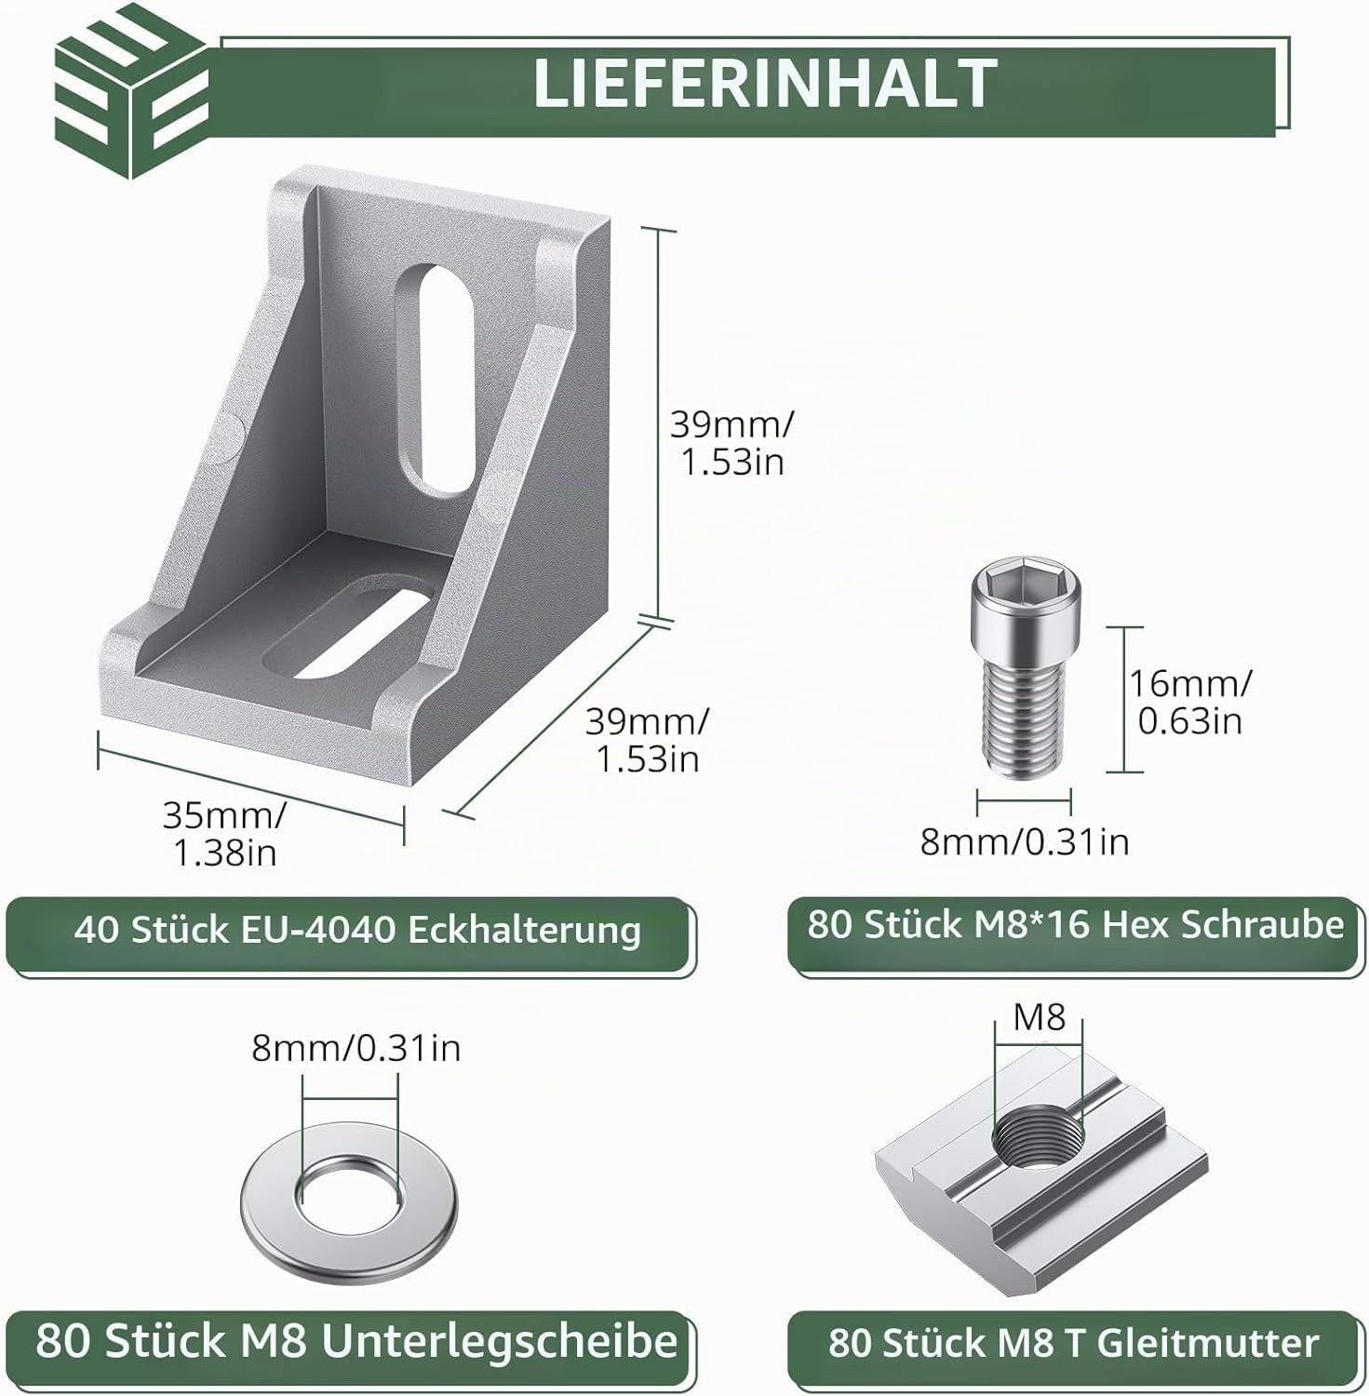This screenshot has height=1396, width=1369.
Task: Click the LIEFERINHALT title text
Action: point(765,85)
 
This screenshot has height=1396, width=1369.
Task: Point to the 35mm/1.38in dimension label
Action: point(224,833)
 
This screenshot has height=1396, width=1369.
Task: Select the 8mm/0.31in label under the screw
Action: point(1024,841)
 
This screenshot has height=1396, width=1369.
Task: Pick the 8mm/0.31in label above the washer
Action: point(356,1049)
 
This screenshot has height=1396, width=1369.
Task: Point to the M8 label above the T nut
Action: point(1039,1017)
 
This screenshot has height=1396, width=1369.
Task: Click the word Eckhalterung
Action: point(525,930)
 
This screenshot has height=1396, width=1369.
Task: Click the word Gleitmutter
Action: point(1208,1343)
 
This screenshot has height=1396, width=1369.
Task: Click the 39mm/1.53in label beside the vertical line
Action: point(731,443)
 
